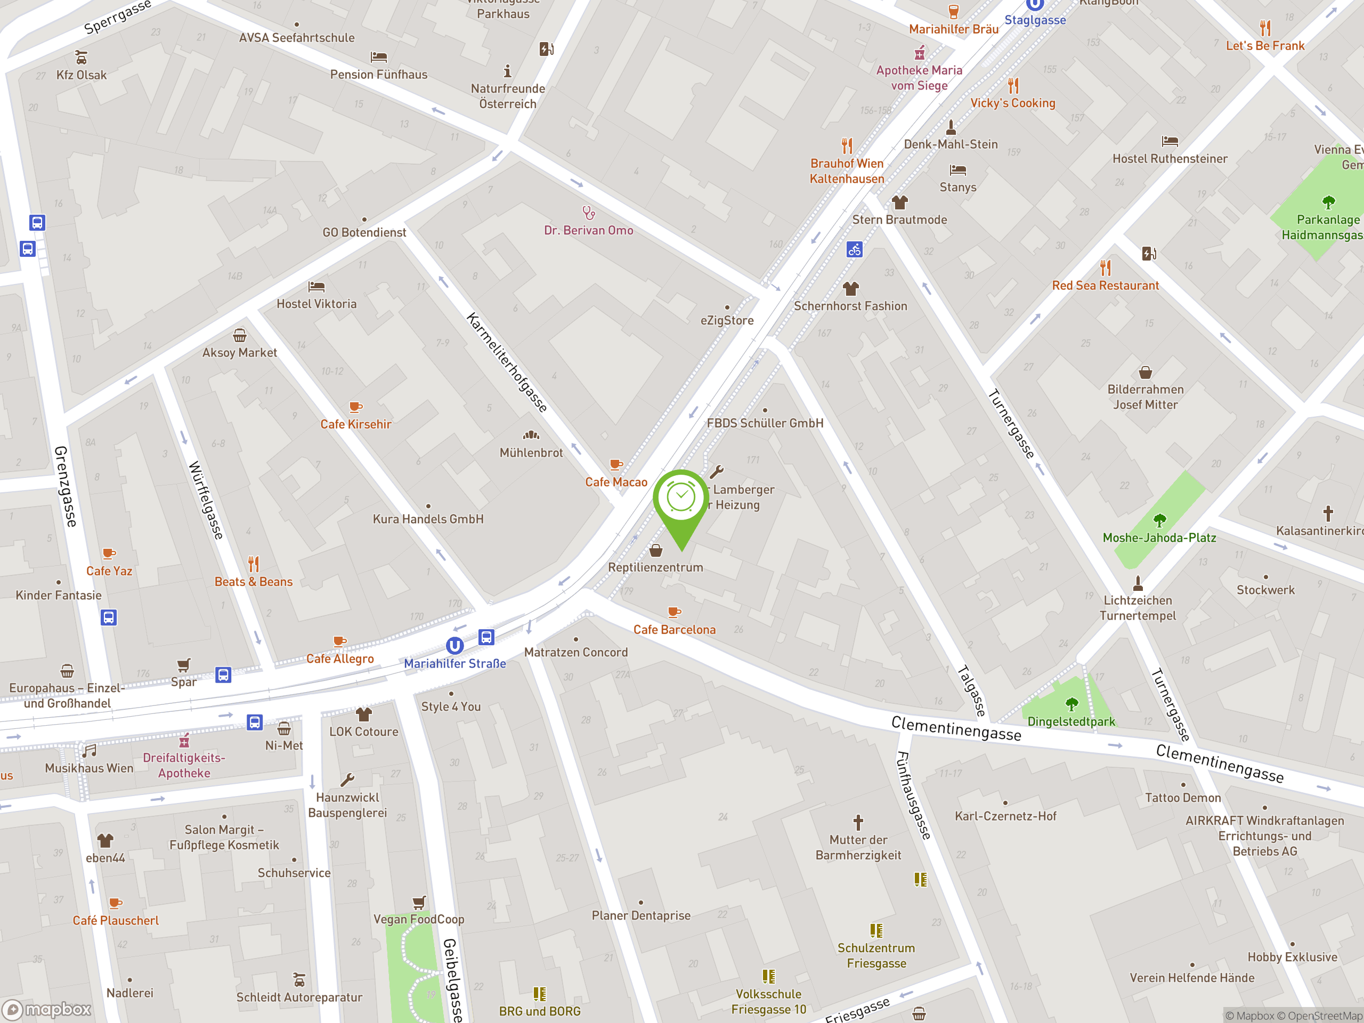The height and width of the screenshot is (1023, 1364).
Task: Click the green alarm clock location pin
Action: [681, 499]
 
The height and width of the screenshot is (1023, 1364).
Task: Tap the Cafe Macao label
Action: [616, 482]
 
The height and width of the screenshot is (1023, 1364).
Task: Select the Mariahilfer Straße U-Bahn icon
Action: [454, 646]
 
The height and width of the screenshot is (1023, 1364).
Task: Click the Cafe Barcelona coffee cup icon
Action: [674, 612]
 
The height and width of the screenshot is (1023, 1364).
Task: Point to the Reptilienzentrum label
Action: [655, 567]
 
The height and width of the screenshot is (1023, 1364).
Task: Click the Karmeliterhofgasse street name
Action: [507, 362]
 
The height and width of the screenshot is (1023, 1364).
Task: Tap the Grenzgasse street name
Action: [66, 486]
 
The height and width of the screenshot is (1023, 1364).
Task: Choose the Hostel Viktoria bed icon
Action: [316, 287]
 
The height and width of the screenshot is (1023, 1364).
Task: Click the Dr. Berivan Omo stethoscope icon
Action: [589, 213]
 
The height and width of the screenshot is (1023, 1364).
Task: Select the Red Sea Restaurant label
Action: [1105, 286]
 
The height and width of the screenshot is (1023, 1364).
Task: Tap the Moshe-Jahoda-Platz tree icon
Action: [1159, 521]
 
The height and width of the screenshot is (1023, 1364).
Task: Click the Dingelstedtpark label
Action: [1071, 721]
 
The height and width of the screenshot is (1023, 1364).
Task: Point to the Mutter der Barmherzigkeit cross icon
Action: [858, 822]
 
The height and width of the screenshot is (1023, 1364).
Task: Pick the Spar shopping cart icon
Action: [184, 665]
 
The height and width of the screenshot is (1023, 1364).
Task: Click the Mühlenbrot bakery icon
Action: [531, 435]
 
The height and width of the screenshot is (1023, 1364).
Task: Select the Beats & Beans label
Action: [254, 581]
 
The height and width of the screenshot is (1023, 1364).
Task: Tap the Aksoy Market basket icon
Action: [240, 336]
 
